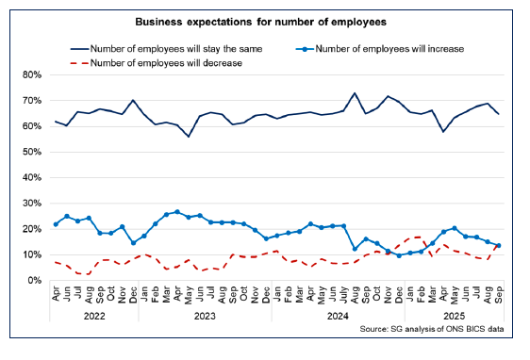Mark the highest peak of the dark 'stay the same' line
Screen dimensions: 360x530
[x=355, y=93]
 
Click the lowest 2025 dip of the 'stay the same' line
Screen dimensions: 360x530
[x=443, y=131]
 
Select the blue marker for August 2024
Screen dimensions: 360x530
[x=355, y=249]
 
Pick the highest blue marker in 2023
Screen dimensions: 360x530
[x=177, y=212]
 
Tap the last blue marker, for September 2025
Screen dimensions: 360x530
[x=498, y=246]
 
